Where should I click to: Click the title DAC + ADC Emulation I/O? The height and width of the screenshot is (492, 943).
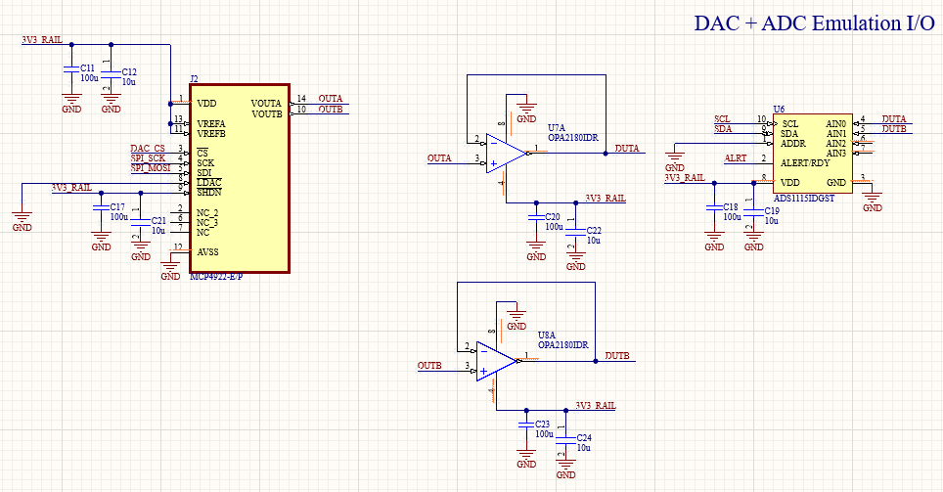coord(814,23)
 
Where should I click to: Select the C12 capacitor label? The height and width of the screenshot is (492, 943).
coord(129,72)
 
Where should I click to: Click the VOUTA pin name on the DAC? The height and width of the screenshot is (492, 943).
coord(265,103)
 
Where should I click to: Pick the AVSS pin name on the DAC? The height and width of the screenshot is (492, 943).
coord(208,251)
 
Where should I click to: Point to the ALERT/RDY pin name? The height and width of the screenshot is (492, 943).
coord(805,162)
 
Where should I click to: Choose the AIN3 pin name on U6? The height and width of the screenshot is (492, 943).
coord(835,153)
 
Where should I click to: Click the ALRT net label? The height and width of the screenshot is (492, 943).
coord(735,158)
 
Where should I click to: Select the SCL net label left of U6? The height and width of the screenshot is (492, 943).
coord(722,119)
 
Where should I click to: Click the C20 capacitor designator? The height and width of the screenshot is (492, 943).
coord(553,216)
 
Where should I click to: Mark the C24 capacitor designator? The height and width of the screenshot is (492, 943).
coord(584,437)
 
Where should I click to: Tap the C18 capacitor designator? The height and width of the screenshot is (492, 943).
coord(731,207)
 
